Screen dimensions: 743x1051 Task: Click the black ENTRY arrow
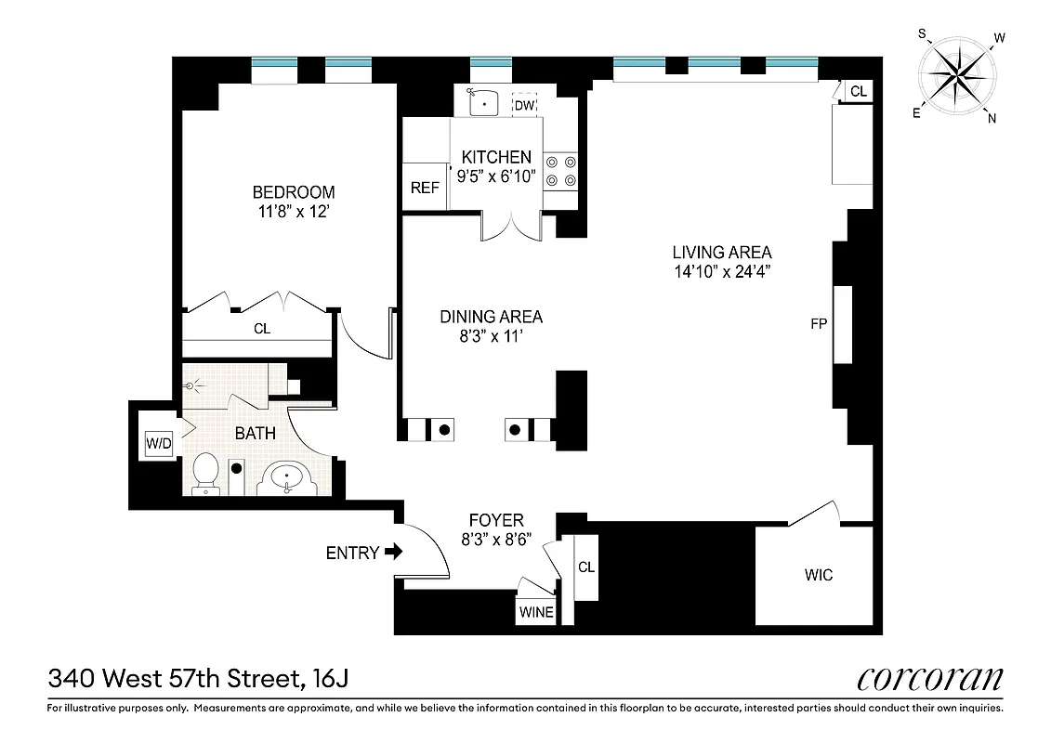pyautogui.click(x=393, y=553)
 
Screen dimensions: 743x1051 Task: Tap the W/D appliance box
pyautogui.click(x=159, y=444)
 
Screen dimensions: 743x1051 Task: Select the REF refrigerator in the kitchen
pyautogui.click(x=424, y=188)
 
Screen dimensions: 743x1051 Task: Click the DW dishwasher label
pyautogui.click(x=525, y=105)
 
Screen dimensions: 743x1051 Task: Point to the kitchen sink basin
pyautogui.click(x=483, y=102)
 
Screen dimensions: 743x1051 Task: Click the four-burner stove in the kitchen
pyautogui.click(x=560, y=169)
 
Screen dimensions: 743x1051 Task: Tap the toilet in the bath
pyautogui.click(x=204, y=474)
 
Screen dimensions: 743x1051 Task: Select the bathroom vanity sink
pyautogui.click(x=286, y=478)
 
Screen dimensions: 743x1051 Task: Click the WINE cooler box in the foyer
pyautogui.click(x=536, y=612)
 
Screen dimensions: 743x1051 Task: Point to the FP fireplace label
pyautogui.click(x=819, y=324)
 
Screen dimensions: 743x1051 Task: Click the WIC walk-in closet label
pyautogui.click(x=819, y=575)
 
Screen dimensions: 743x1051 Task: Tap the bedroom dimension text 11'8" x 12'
pyautogui.click(x=294, y=211)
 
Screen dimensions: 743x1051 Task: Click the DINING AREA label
pyautogui.click(x=491, y=317)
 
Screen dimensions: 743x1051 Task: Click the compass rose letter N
pyautogui.click(x=992, y=117)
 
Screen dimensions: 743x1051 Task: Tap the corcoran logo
pyautogui.click(x=929, y=679)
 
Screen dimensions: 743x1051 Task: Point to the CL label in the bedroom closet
pyautogui.click(x=262, y=329)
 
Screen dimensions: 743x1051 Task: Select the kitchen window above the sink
pyautogui.click(x=492, y=63)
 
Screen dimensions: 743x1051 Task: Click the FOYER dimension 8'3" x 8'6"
pyautogui.click(x=495, y=541)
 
